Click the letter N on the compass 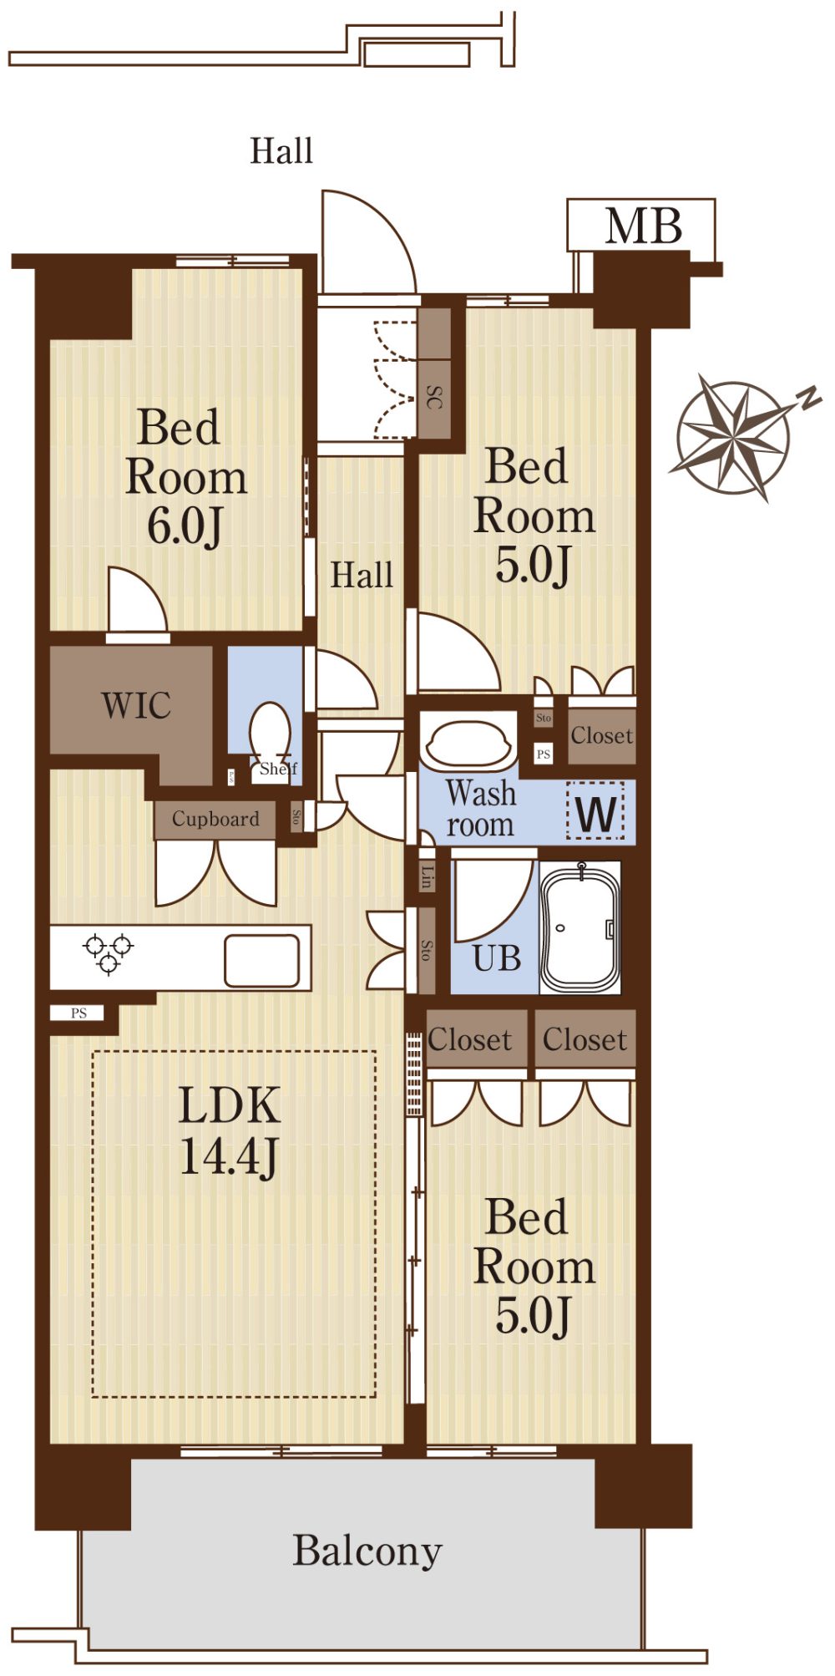pyautogui.click(x=807, y=399)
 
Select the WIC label pyautogui.click(x=137, y=705)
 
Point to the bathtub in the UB pyautogui.click(x=579, y=927)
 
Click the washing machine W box pyautogui.click(x=595, y=810)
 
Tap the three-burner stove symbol pyautogui.click(x=109, y=953)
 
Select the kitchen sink pyautogui.click(x=261, y=960)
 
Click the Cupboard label pyautogui.click(x=215, y=819)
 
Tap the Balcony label pyautogui.click(x=367, y=1552)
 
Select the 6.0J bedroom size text pyautogui.click(x=185, y=526)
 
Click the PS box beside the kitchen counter pyautogui.click(x=78, y=1013)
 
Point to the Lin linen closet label pyautogui.click(x=428, y=876)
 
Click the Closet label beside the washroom pyautogui.click(x=602, y=736)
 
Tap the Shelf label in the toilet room pyautogui.click(x=278, y=769)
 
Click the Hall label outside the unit pyautogui.click(x=281, y=151)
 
